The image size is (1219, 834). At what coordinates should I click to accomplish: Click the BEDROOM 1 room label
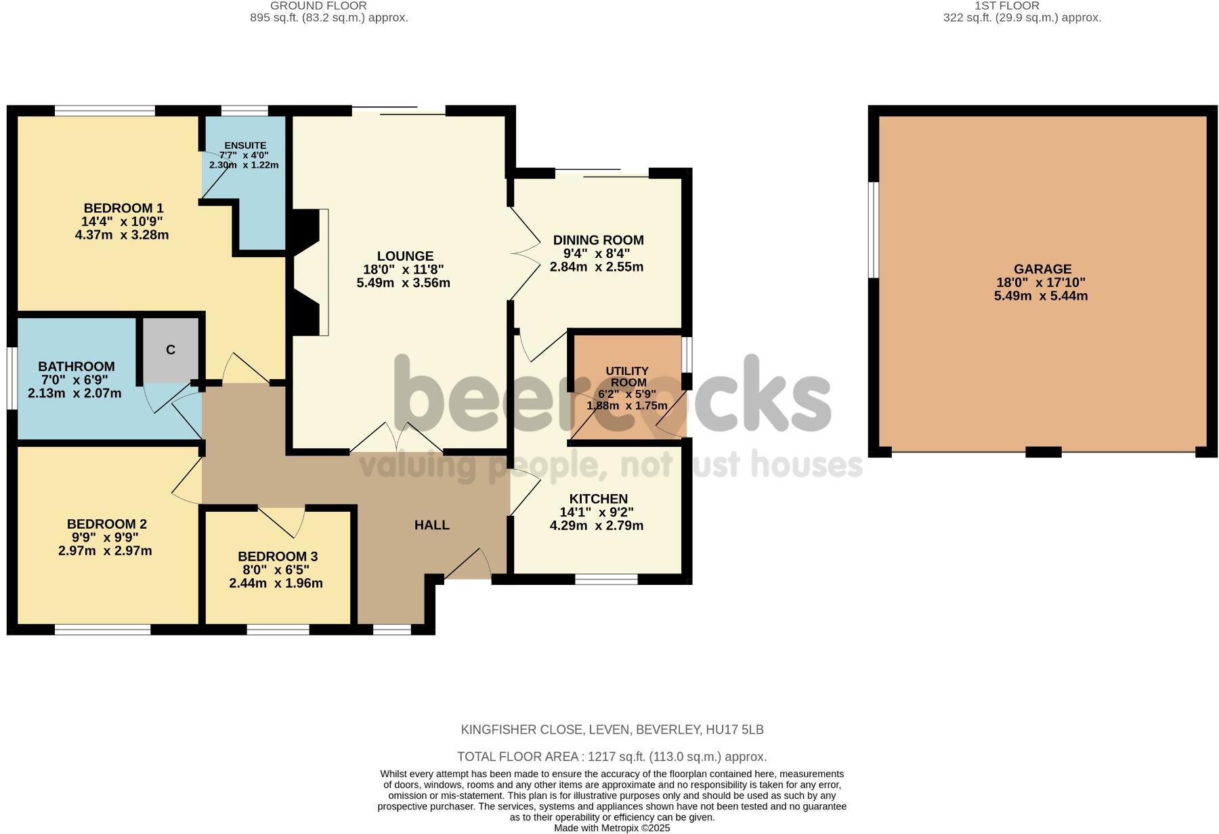(123, 208)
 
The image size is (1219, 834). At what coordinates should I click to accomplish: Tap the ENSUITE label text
(245, 146)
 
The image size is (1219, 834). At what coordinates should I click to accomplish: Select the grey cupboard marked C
(171, 349)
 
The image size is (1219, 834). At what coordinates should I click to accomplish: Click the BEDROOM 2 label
(107, 524)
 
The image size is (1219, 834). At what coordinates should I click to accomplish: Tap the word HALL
(432, 525)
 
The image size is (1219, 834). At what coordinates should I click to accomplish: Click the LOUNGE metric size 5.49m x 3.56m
(404, 283)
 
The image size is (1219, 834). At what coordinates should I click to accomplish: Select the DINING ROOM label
(598, 240)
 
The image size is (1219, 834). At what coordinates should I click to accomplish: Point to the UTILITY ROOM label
(627, 376)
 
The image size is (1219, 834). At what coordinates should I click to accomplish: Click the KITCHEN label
(598, 499)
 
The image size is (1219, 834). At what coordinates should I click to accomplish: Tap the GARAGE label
(1042, 269)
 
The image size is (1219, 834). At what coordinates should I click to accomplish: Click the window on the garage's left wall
(874, 230)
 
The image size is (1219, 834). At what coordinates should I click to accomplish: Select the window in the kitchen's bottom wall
(607, 579)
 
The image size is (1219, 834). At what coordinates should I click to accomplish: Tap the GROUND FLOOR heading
(318, 5)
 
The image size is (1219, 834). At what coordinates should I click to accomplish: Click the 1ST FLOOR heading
(997, 5)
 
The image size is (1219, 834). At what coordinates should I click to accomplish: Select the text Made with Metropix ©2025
(612, 828)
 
